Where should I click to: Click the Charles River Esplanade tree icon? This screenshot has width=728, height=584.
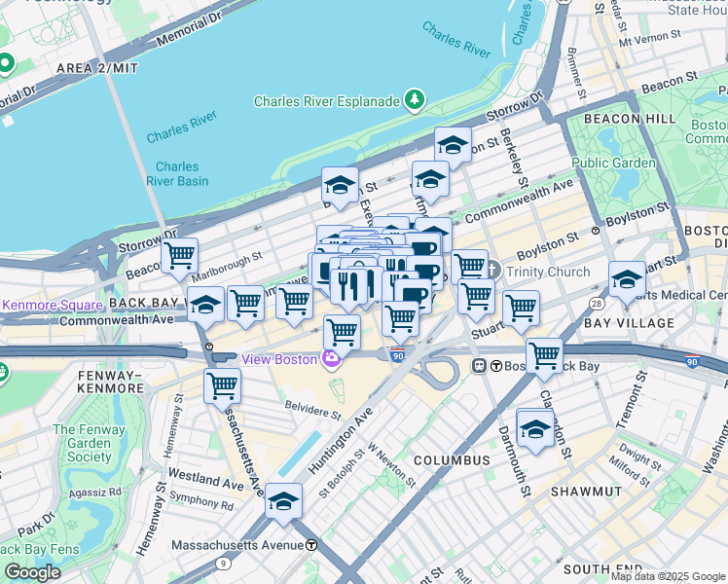click(416, 100)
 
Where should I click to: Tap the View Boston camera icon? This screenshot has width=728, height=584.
click(331, 360)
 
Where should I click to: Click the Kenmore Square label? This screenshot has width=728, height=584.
click(47, 304)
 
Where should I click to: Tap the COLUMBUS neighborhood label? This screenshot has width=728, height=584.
click(451, 459)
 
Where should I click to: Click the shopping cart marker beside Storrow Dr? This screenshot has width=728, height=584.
click(179, 257)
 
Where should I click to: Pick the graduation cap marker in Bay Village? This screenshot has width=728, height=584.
click(627, 279)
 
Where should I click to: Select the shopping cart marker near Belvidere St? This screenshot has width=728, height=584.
click(223, 385)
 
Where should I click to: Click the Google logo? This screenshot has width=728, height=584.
click(32, 572)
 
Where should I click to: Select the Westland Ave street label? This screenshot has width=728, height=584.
click(204, 480)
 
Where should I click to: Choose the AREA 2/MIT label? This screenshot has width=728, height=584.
click(97, 67)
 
